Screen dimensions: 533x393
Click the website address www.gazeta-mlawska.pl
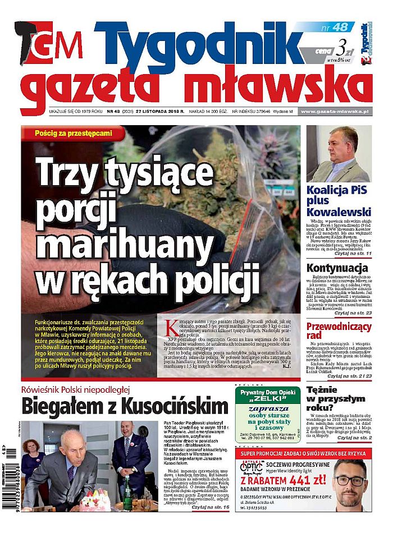coord(334,112)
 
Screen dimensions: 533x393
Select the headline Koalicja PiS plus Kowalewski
coord(339,200)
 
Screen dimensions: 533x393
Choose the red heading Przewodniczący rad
coord(339,330)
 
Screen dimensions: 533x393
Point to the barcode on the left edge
coord(6,480)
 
